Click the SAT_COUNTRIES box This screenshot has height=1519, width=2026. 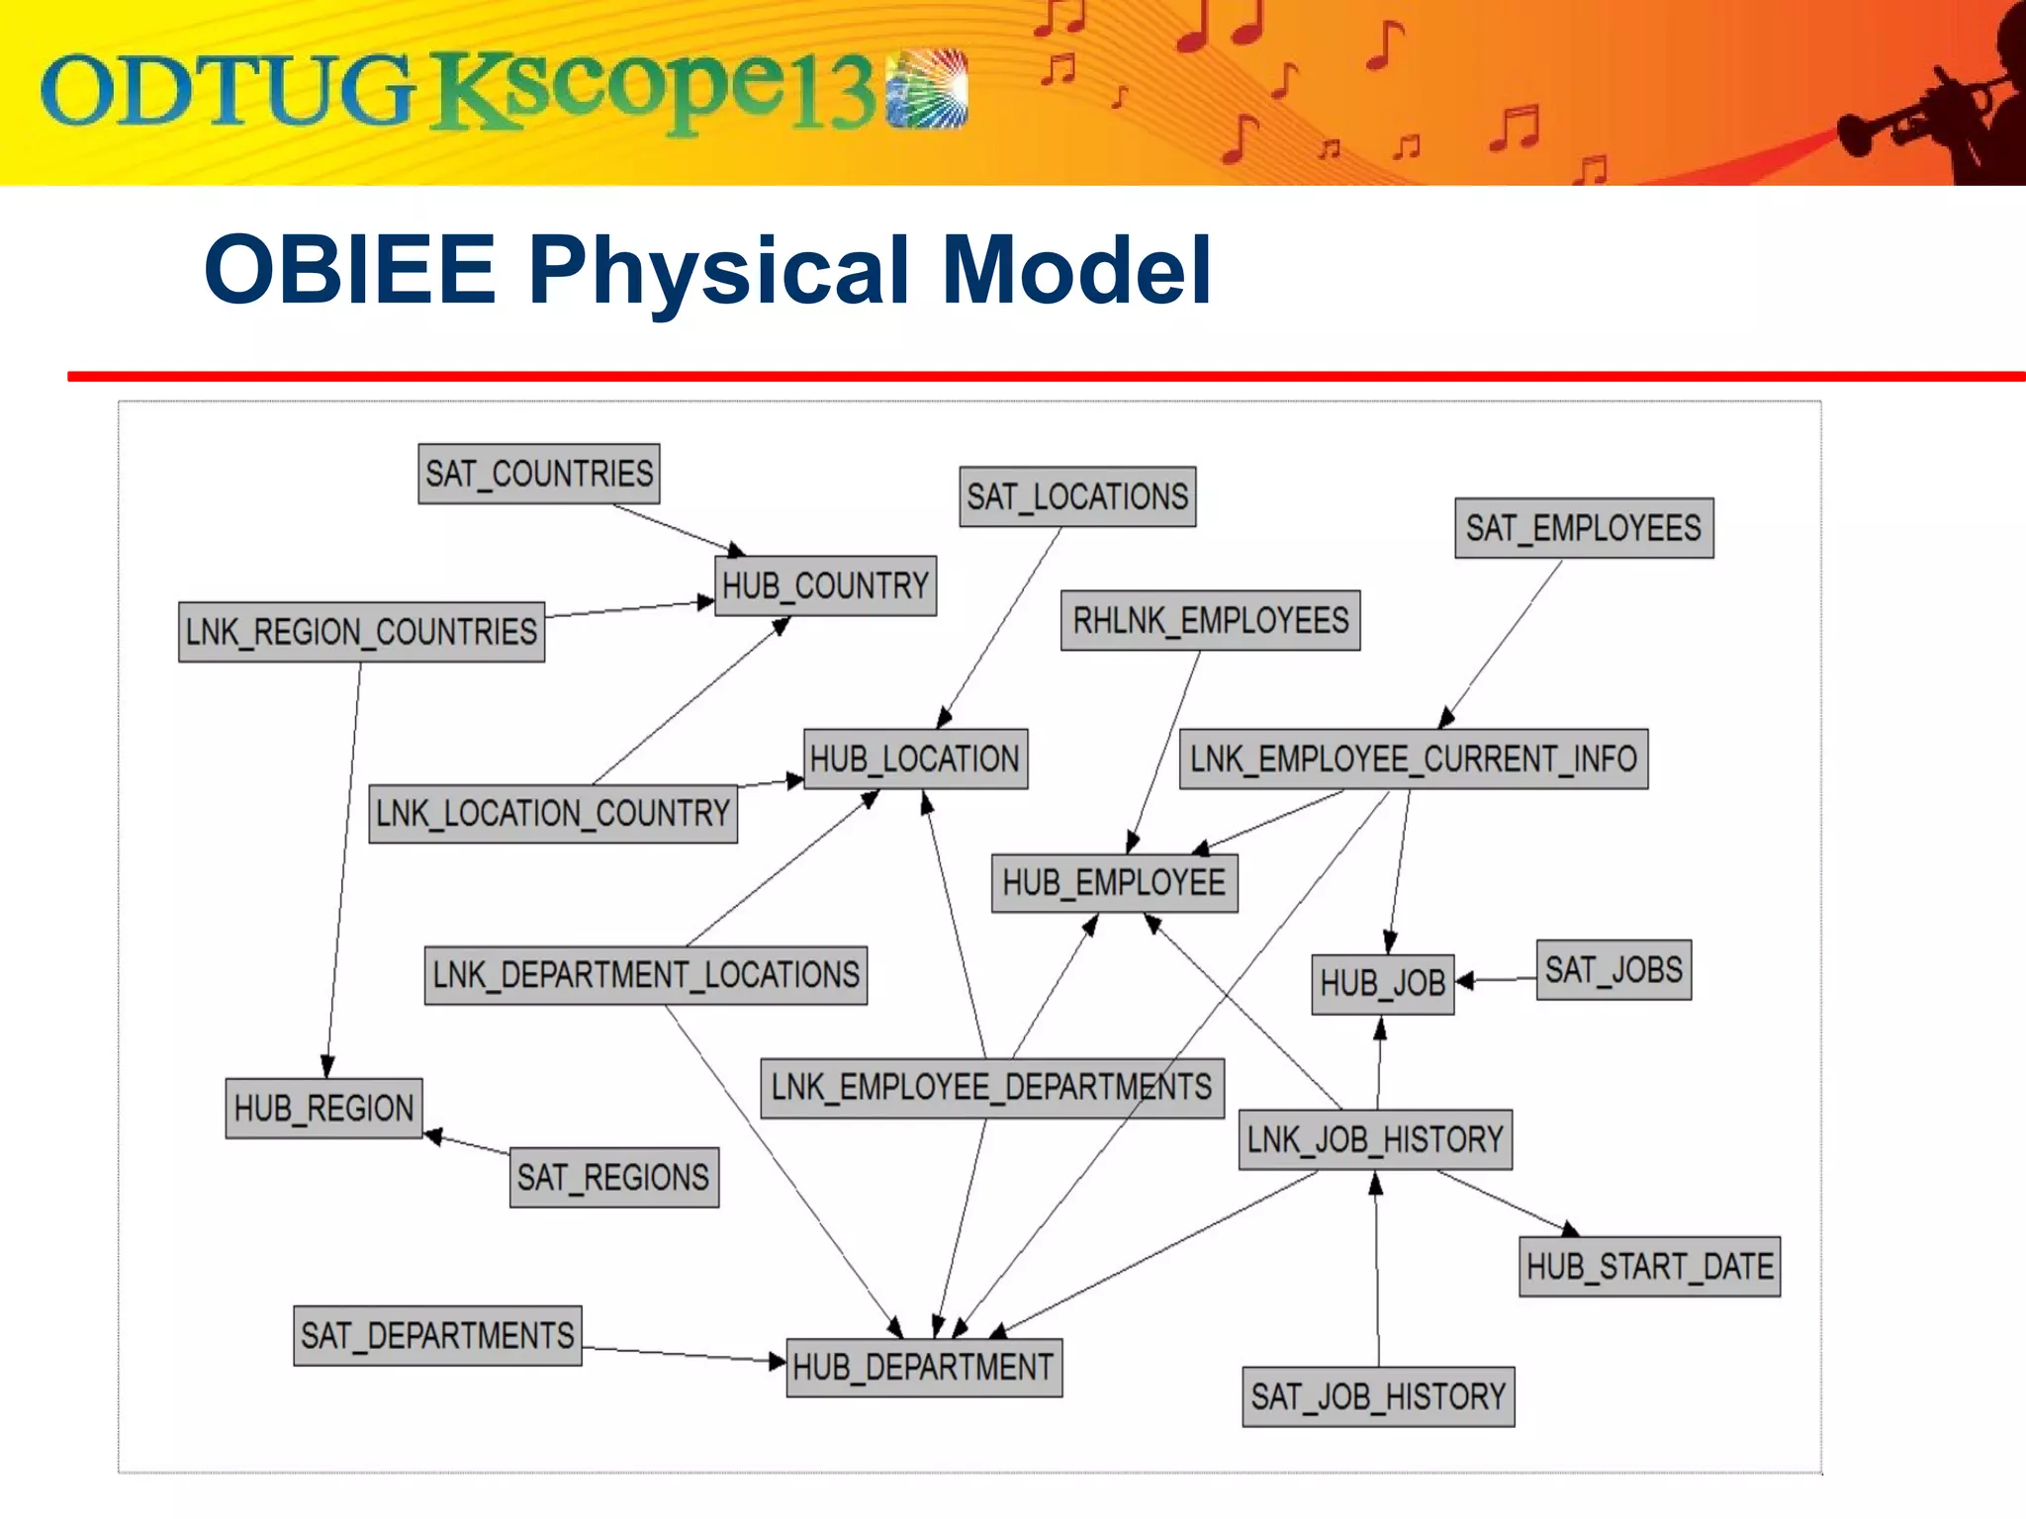538,474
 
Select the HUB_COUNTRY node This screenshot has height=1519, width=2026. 825,585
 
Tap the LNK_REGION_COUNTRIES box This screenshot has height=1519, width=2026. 361,632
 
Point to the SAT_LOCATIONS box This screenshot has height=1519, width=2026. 1077,496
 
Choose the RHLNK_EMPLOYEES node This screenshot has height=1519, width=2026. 1210,621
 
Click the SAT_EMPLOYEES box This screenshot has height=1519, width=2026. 1583,528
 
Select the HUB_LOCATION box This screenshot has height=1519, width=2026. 915,759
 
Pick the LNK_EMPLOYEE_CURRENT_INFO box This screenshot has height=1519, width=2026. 1413,759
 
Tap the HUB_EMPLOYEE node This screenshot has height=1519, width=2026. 1114,882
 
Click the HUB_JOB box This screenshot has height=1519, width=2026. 1382,984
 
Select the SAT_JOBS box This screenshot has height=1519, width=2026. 1613,970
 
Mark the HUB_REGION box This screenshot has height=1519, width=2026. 323,1109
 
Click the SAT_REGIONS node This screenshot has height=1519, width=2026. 613,1178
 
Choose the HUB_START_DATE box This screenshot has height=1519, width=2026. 1649,1267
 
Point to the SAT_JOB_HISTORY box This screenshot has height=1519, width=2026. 1378,1396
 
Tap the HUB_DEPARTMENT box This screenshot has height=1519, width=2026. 923,1368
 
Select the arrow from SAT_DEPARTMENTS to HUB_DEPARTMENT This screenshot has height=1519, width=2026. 683,1354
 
